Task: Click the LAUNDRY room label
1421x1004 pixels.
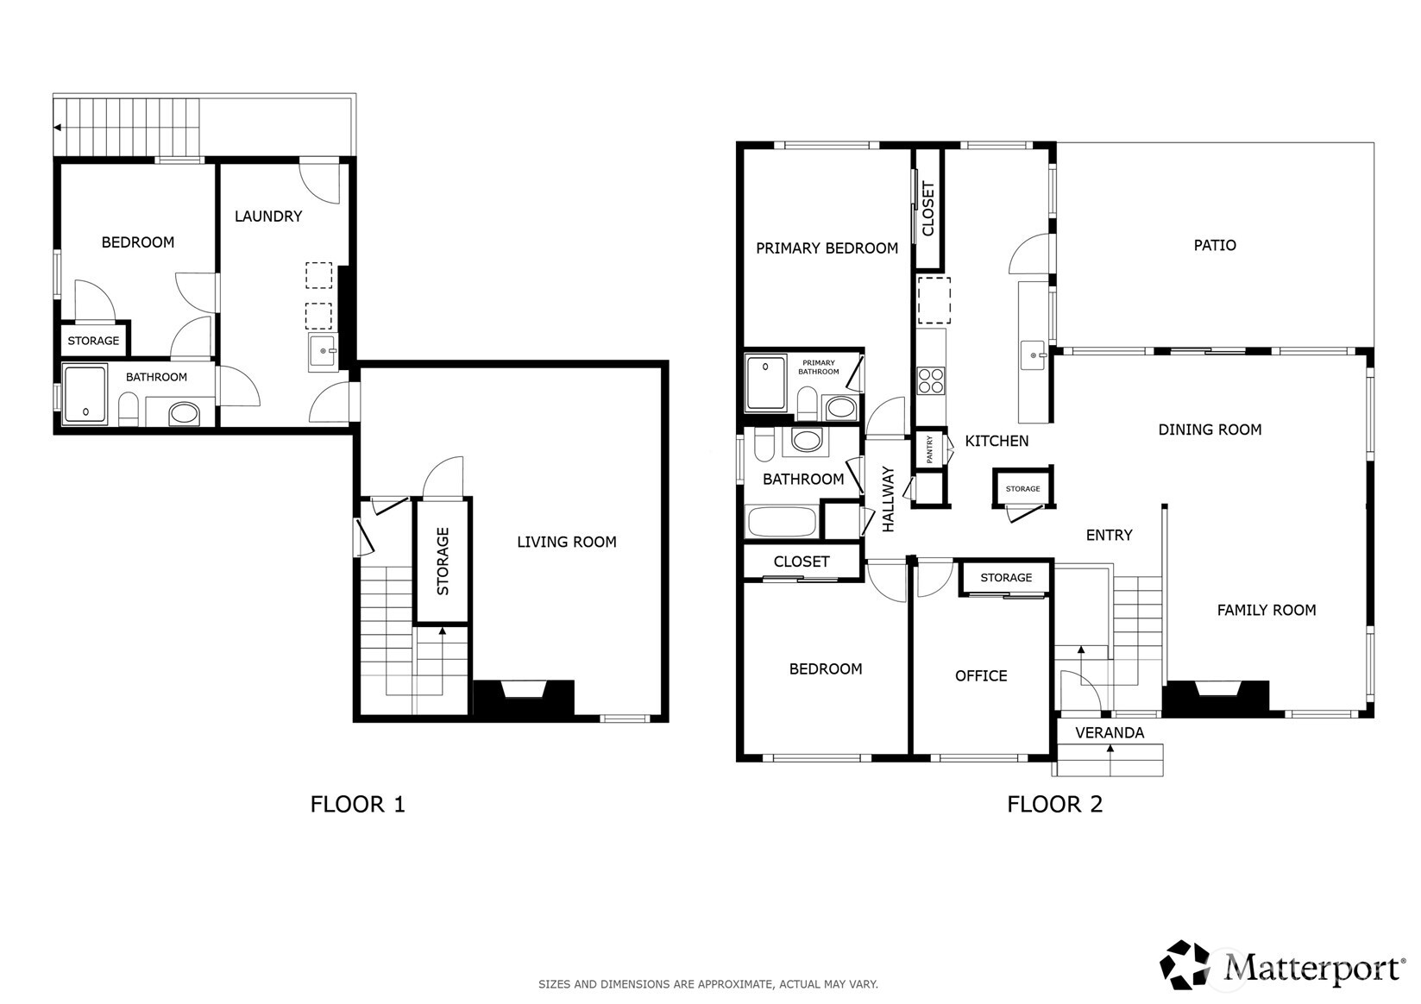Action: (x=268, y=216)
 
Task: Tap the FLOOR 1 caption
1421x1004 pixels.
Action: (x=357, y=804)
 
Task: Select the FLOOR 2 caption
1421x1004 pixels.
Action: (x=1054, y=804)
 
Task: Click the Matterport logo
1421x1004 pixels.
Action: (x=1282, y=965)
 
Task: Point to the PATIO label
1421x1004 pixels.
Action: (x=1214, y=245)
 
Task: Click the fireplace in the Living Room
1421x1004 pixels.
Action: (x=524, y=695)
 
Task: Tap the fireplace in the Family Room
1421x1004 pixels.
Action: (x=1216, y=694)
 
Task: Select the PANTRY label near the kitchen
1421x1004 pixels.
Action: (x=929, y=449)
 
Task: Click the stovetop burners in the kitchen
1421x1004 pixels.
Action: (x=931, y=380)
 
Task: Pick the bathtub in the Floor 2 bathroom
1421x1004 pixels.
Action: (x=782, y=522)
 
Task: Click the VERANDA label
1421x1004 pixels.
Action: (x=1110, y=733)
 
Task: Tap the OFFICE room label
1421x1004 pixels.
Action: (x=981, y=675)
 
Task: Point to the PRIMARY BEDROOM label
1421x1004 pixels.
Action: (x=827, y=248)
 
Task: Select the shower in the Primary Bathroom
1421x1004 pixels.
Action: (x=765, y=382)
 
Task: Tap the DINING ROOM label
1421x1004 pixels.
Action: (x=1210, y=430)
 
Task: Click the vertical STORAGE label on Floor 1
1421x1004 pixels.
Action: (x=443, y=561)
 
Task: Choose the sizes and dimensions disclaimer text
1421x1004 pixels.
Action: (x=707, y=983)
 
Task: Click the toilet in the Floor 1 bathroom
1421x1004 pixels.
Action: (x=128, y=409)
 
